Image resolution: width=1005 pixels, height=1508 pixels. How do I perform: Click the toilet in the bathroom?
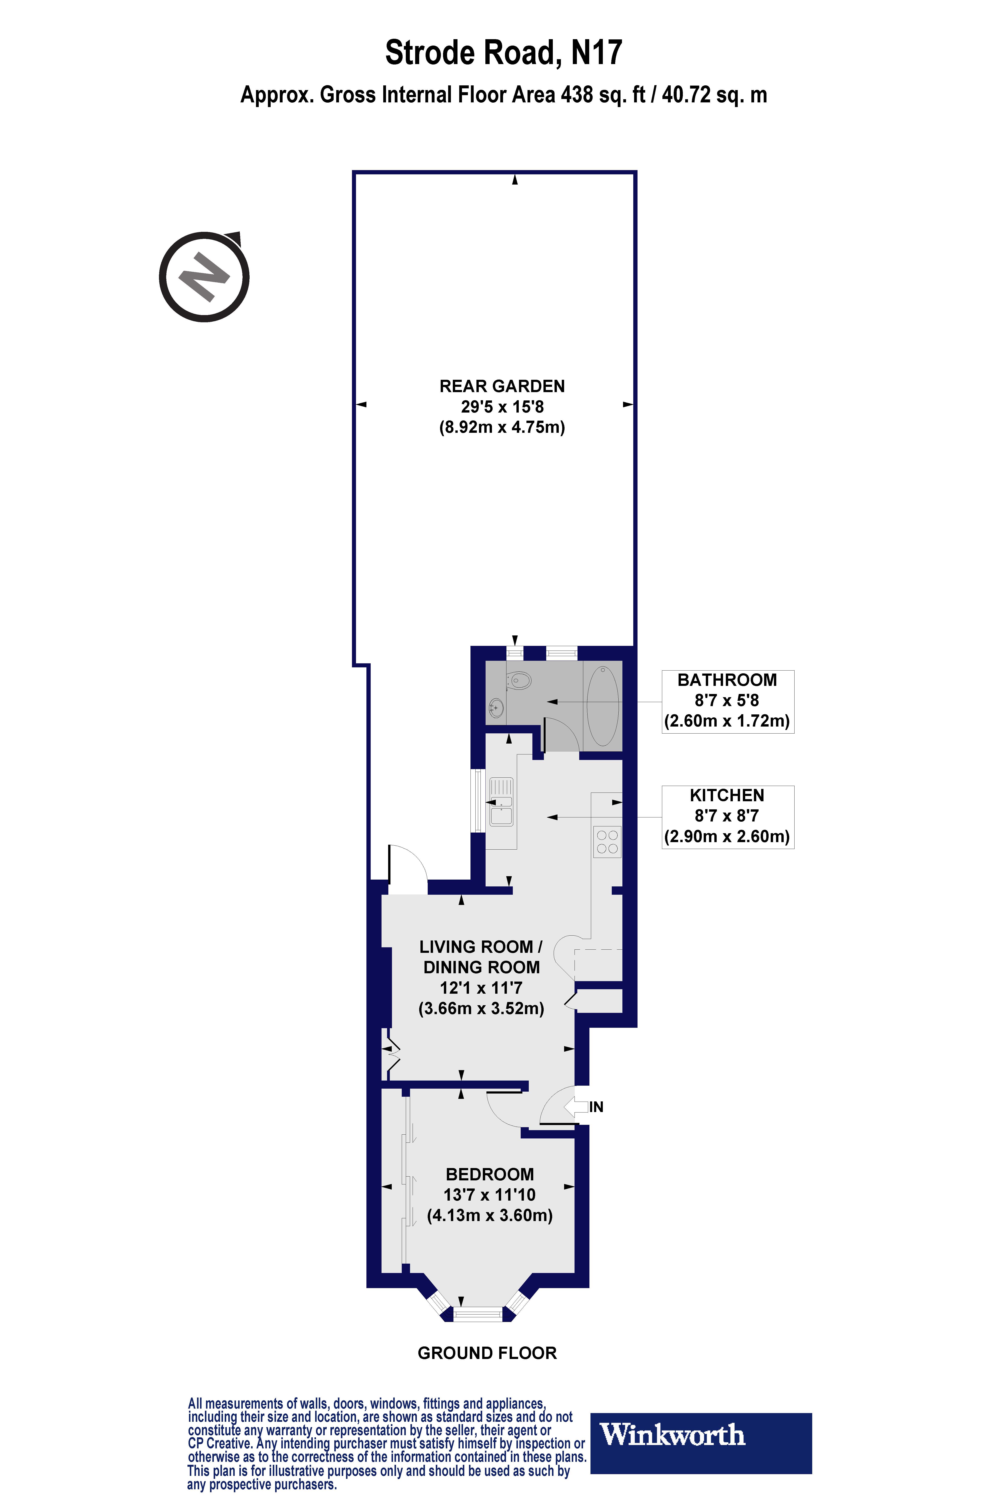519,680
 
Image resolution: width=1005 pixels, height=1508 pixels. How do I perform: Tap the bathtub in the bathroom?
602,705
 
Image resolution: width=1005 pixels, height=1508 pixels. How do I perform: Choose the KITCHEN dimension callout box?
728,816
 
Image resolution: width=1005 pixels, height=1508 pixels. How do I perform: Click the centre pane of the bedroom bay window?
478,1314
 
